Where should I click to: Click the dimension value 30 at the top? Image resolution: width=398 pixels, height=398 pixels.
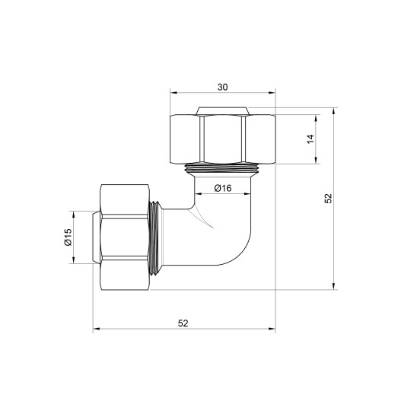coord(221,88)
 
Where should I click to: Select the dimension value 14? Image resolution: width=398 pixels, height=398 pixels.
coord(310,139)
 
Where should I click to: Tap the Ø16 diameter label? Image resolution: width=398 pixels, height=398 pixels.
coord(222,187)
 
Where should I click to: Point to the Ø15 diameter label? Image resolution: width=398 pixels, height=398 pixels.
coord(68,237)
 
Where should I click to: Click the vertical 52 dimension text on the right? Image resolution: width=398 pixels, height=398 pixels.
coord(328,198)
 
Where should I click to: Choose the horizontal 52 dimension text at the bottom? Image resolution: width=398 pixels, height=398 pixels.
coord(183,323)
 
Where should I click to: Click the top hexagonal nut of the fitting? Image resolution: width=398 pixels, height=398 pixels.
coord(221,137)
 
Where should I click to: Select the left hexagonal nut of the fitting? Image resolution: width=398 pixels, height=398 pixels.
coord(126,237)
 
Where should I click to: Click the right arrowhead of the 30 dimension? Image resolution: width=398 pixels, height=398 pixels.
coord(272,95)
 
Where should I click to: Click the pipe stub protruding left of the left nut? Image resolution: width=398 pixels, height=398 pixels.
coord(96,237)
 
